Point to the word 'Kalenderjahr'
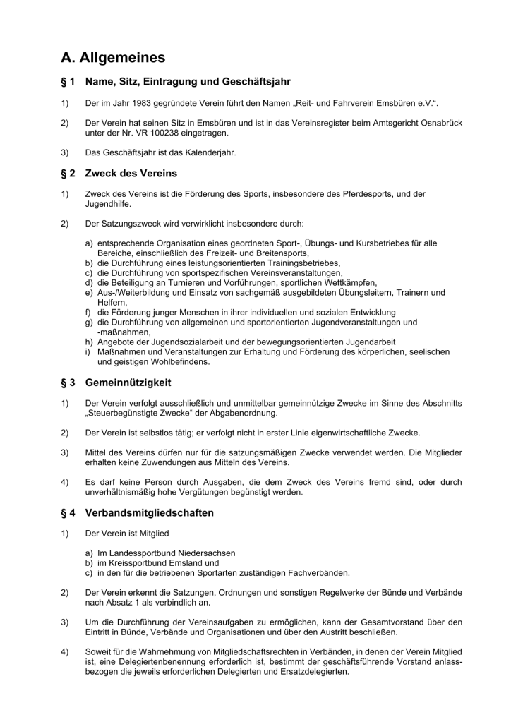click(210, 151)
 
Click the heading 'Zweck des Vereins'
click(131, 173)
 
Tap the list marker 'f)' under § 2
click(89, 312)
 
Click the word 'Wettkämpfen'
click(356, 282)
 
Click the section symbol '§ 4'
click(68, 512)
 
